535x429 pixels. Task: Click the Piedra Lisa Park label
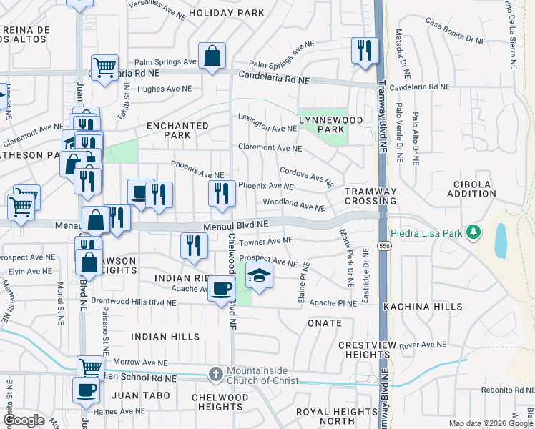428,233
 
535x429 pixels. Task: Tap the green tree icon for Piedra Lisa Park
472,232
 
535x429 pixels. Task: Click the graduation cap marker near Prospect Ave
258,275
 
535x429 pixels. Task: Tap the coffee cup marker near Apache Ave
222,288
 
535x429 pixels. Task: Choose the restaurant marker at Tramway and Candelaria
365,50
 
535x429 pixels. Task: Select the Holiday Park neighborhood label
217,13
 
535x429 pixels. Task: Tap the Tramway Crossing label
370,197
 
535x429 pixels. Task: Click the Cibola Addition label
471,189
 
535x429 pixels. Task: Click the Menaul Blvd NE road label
235,225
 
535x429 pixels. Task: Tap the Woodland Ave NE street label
294,204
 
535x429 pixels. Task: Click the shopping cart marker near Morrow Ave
90,368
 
